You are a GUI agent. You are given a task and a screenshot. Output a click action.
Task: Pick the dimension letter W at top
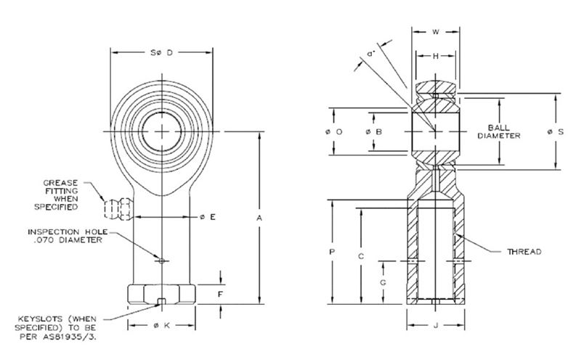click(x=435, y=31)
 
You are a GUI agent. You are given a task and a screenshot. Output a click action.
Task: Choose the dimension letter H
click(x=435, y=57)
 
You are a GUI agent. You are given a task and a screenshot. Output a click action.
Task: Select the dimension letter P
click(x=332, y=252)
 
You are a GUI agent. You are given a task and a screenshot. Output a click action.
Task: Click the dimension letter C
click(x=361, y=256)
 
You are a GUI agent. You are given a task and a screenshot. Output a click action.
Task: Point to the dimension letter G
click(x=383, y=281)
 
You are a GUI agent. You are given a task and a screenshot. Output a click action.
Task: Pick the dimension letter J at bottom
click(x=435, y=326)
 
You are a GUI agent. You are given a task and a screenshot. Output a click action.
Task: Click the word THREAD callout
click(x=525, y=251)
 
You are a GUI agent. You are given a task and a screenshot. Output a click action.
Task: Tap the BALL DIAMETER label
click(x=500, y=131)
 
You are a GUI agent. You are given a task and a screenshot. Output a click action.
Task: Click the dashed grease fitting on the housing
click(x=117, y=209)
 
